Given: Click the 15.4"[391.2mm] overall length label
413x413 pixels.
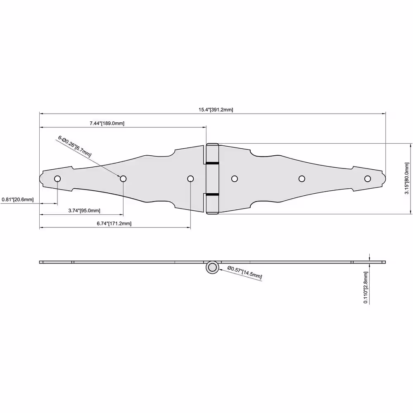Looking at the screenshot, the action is [216, 109].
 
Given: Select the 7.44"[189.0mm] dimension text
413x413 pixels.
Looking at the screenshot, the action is [107, 123].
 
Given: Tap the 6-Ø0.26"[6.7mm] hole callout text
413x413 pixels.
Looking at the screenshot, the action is [74, 146].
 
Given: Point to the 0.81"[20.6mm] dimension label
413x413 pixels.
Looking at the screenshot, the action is [18, 199].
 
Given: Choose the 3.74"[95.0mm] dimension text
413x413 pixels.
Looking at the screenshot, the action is [84, 211].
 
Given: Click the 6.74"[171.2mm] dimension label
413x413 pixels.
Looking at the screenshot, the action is [114, 223].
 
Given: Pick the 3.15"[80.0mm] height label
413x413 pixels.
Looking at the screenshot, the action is [407, 178].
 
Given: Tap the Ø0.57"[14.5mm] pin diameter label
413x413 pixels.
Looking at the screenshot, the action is [244, 272].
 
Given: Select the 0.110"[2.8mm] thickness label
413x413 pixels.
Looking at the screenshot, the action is [366, 287].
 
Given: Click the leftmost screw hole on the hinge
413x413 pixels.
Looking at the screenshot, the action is [57, 179].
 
